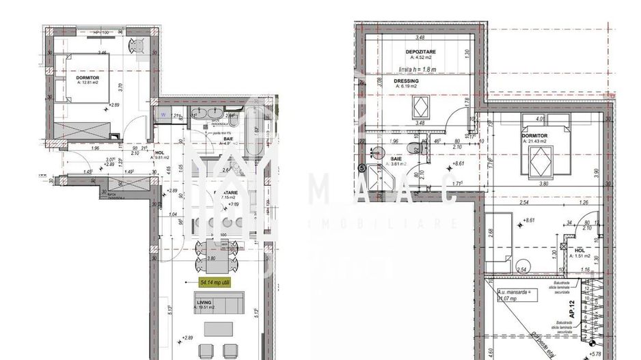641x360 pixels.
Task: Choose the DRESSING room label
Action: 408,81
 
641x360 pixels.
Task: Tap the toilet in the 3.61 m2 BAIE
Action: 409,149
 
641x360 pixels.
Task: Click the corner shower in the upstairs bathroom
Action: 377,177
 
